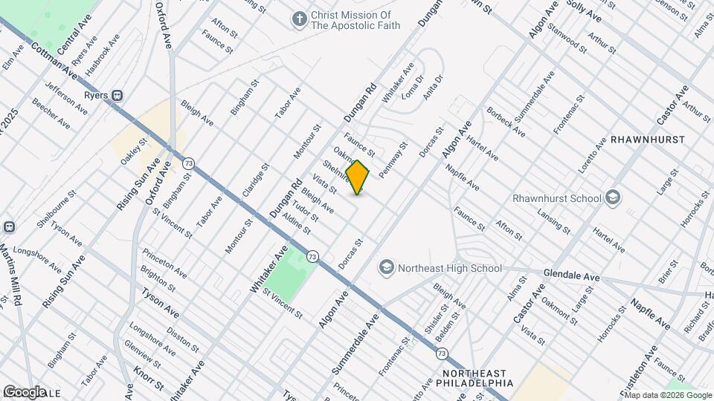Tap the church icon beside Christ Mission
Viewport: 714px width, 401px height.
pos(299,19)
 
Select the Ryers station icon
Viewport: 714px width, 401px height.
pos(118,95)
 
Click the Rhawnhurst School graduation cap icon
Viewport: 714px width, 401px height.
pos(612,198)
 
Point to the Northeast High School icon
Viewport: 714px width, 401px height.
pos(386,267)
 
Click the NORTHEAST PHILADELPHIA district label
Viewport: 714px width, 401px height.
pos(477,378)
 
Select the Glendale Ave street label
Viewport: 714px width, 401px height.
pos(571,274)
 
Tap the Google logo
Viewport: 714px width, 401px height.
pos(25,391)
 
